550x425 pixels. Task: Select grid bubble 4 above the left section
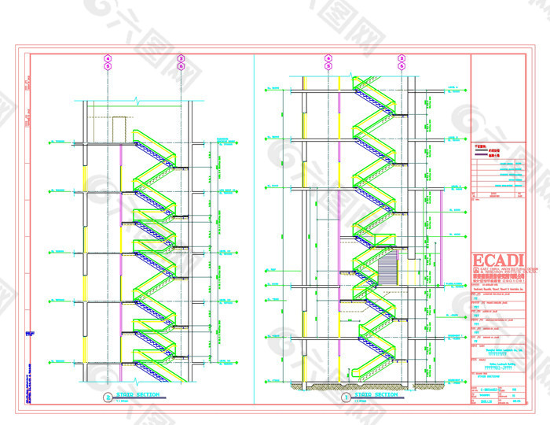[x=108, y=58]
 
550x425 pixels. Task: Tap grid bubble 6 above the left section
[x=181, y=67]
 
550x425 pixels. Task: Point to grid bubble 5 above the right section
[x=328, y=67]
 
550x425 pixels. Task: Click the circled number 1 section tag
[x=346, y=397]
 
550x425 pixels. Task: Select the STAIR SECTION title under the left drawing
[x=137, y=394]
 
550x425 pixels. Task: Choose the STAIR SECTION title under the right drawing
[x=376, y=394]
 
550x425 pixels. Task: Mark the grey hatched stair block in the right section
[x=389, y=272]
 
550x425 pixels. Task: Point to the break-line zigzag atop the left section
[x=137, y=102]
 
